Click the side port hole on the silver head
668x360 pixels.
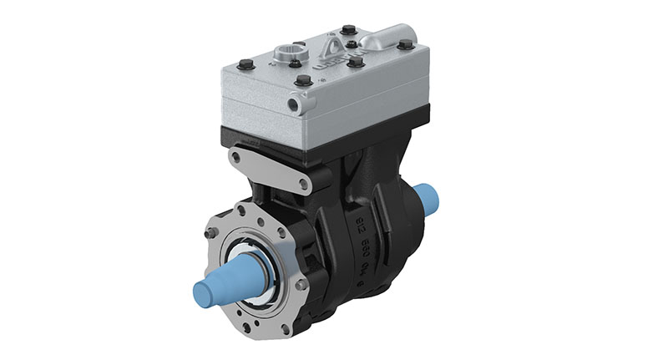292,105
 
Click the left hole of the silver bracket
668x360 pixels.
244,158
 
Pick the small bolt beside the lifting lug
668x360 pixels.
352,43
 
